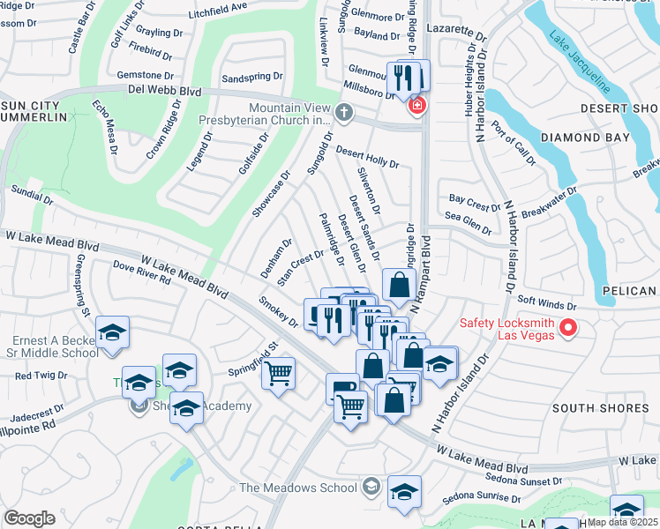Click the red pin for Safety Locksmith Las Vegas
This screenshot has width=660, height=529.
(568, 329)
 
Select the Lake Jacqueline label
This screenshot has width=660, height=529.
(579, 63)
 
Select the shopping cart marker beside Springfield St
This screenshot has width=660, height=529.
(279, 374)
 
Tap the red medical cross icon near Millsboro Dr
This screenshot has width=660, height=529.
(416, 107)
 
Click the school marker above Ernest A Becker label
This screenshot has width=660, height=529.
(112, 332)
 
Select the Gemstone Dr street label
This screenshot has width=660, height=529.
(145, 76)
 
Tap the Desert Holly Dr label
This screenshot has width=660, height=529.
(366, 157)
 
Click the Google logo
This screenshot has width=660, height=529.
(29, 518)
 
